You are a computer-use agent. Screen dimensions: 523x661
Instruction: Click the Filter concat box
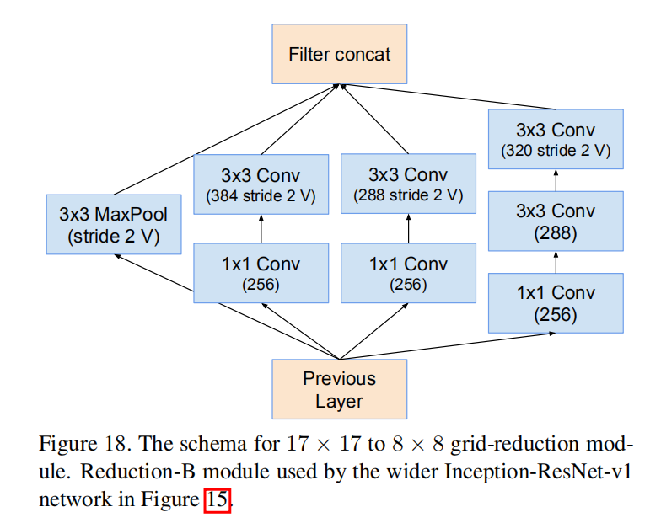(x=339, y=55)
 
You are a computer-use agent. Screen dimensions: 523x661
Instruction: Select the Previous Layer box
(x=339, y=389)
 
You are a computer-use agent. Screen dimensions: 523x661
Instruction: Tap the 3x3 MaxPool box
(x=113, y=226)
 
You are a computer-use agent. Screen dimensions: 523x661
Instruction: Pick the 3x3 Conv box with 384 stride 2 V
(x=261, y=184)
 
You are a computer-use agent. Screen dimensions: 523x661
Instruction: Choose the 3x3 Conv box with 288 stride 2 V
(x=407, y=184)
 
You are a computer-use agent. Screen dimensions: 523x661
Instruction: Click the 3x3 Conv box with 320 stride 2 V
(x=556, y=140)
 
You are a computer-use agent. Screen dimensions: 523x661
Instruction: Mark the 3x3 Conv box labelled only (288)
(x=556, y=221)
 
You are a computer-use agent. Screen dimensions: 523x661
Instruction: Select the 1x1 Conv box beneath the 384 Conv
(x=261, y=273)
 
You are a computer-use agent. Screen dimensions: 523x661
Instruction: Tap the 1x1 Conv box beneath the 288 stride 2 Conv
(x=407, y=273)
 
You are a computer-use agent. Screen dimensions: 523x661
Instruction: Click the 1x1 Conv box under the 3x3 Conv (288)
(x=556, y=303)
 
